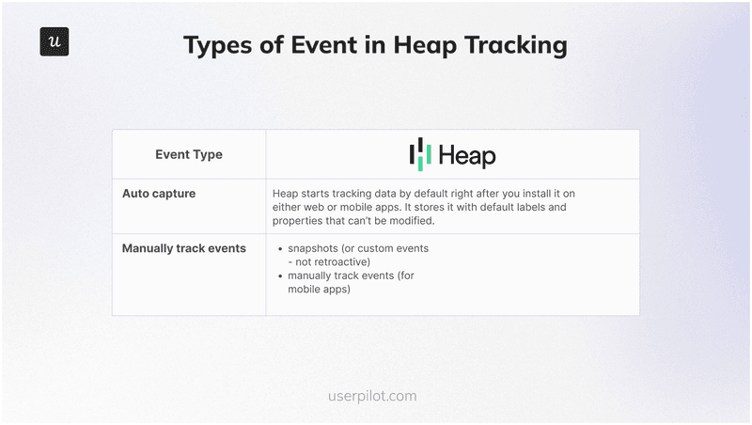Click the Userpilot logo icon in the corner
[55, 42]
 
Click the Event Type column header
[189, 154]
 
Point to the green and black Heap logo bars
[420, 154]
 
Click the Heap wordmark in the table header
[466, 155]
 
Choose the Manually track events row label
[184, 248]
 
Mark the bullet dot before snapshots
[282, 249]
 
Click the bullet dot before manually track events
[282, 276]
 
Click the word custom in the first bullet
[387, 248]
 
